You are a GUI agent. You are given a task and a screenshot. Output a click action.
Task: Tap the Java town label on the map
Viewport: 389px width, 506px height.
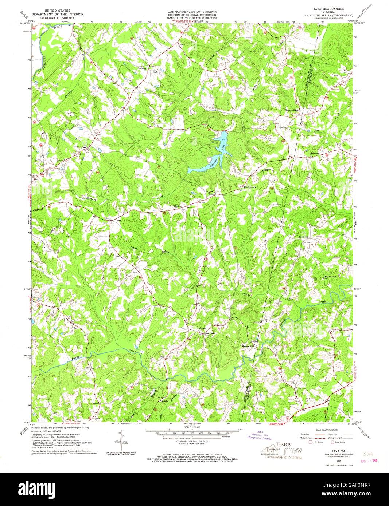pyautogui.click(x=84, y=148)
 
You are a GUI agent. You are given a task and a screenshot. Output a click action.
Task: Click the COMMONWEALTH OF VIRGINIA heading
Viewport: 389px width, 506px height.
pyautogui.click(x=187, y=11)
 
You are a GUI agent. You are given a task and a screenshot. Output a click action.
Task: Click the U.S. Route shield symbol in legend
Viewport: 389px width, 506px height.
pyautogui.click(x=311, y=443)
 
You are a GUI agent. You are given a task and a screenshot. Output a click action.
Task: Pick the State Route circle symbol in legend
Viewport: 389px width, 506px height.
pyautogui.click(x=332, y=443)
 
